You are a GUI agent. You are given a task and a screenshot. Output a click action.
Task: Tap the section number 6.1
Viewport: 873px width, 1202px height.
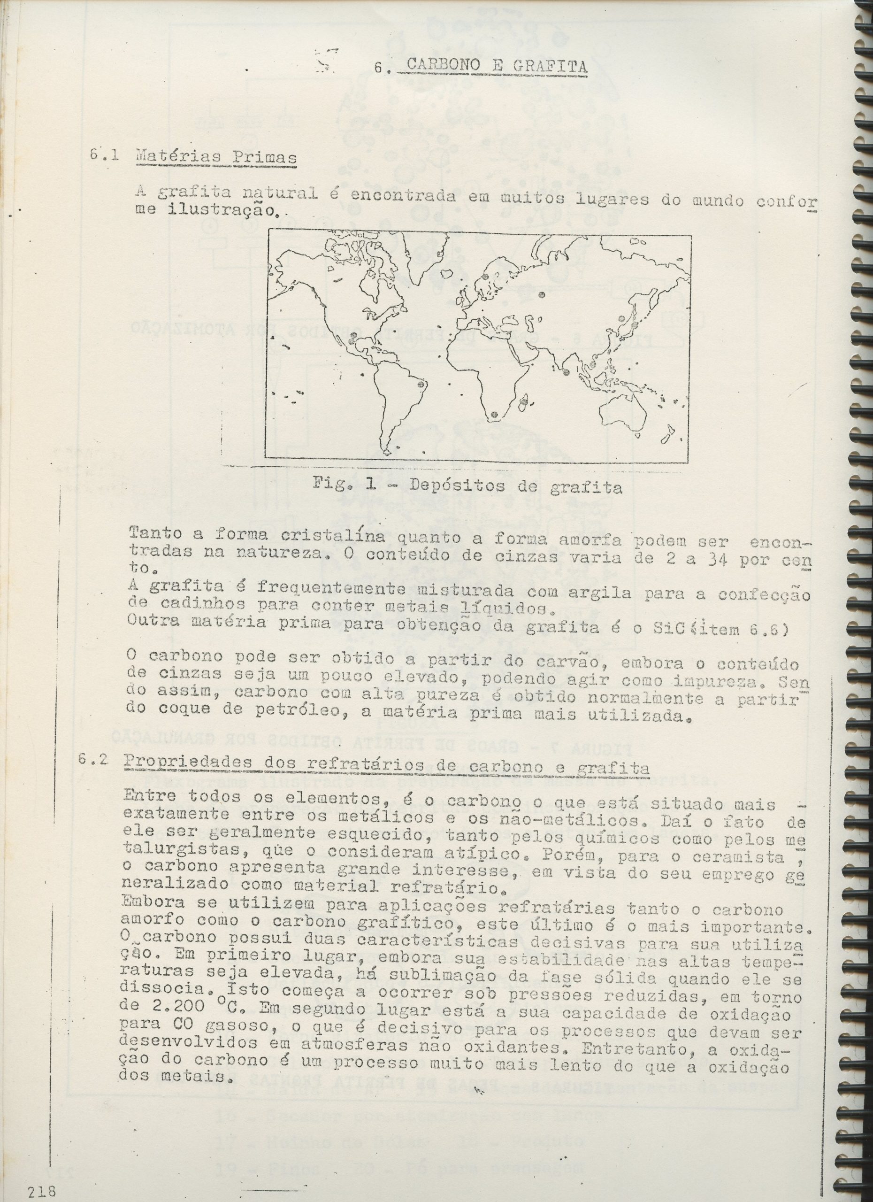point(104,157)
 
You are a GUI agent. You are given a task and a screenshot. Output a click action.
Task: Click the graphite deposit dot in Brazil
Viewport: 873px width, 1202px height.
point(421,383)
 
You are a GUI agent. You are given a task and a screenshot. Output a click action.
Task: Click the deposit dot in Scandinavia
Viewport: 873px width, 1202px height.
point(486,277)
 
